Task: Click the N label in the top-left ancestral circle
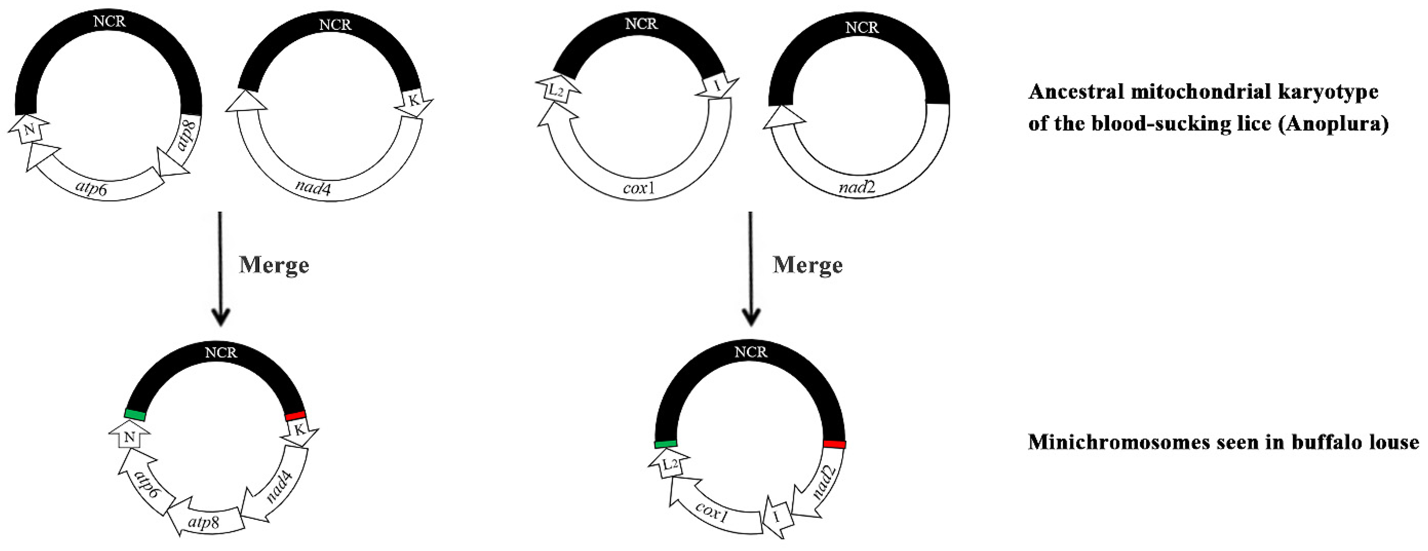[31, 130]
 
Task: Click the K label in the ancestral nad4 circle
[414, 100]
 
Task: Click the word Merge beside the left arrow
[274, 265]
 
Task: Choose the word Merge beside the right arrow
[808, 265]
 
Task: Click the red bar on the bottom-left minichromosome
[295, 415]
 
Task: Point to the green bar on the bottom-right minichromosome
[665, 444]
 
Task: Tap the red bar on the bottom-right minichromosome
[834, 444]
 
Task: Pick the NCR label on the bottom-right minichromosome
[751, 352]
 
